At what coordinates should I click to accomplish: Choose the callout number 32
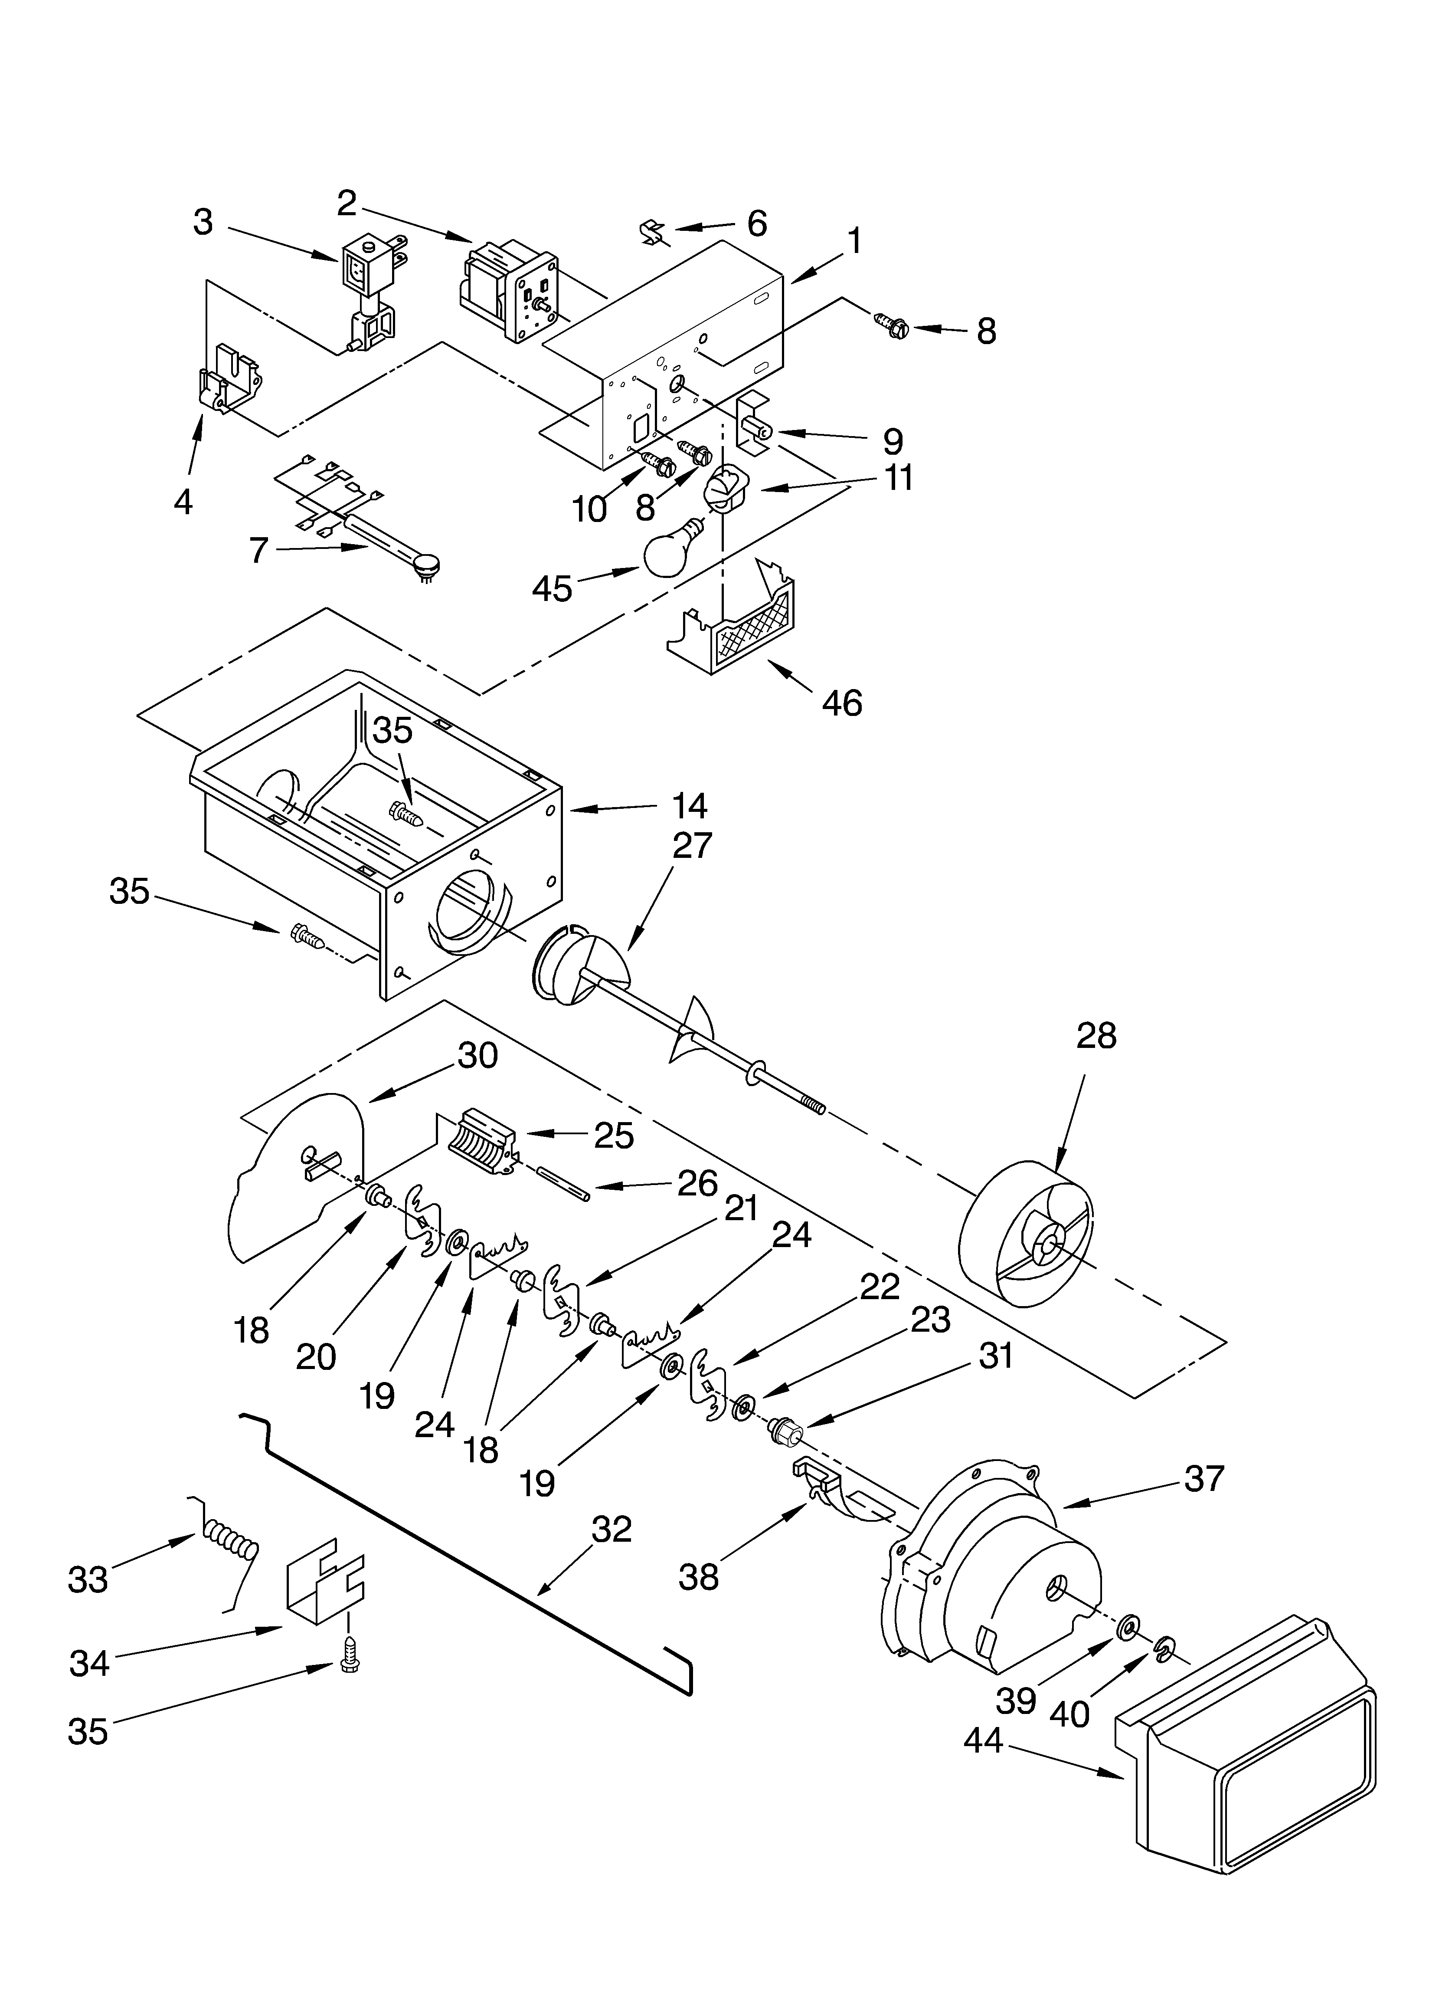tap(612, 1529)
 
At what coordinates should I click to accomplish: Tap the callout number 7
tap(258, 550)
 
